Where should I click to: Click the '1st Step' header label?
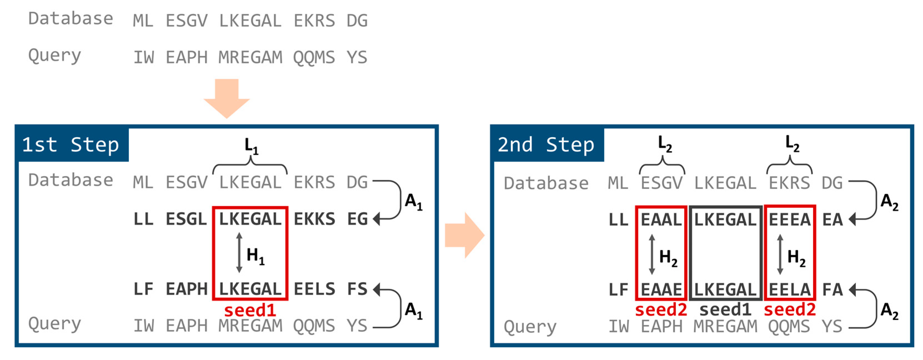coord(70,144)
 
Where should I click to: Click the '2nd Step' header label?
coord(546,144)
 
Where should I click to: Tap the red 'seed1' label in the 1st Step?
coord(250,310)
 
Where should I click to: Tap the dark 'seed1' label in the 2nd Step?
coord(725,309)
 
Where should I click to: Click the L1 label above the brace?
coord(251,147)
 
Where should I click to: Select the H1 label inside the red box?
coord(255,256)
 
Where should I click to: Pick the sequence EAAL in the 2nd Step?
coord(661,220)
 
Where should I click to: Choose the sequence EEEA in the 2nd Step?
coord(790,220)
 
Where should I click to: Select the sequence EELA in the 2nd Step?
coord(790,289)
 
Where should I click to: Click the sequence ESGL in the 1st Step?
coord(186,219)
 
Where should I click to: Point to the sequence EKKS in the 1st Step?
coord(314,219)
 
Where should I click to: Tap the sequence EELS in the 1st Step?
coord(314,289)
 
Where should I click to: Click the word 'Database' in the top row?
coord(71,19)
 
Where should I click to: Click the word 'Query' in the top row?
coord(54,56)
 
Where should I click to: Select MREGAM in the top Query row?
coord(250,57)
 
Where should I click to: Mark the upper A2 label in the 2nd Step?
coord(889,202)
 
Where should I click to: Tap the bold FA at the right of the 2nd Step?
coord(832,289)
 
